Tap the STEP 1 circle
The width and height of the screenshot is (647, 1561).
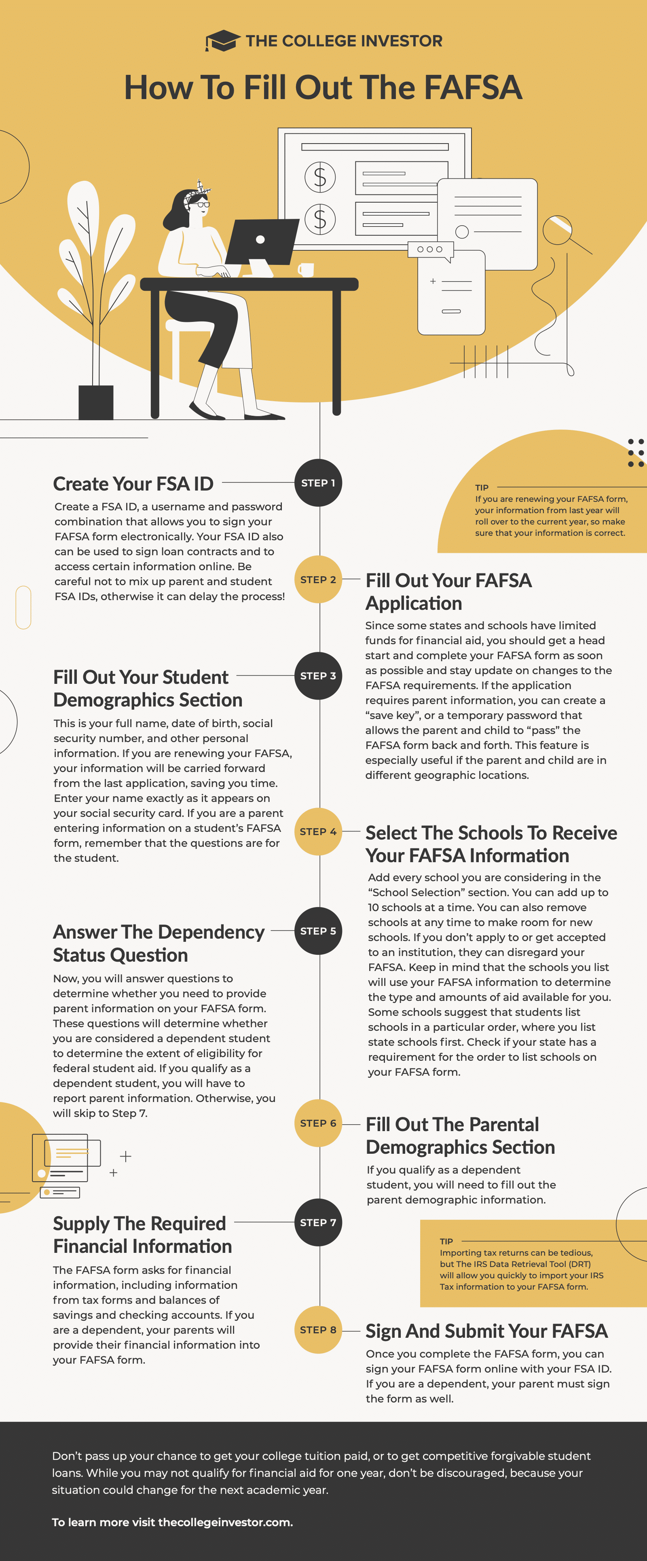(x=318, y=483)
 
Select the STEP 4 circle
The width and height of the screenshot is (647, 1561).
(x=318, y=831)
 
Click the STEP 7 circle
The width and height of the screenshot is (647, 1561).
(x=318, y=1222)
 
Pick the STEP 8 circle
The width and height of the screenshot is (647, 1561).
(x=318, y=1330)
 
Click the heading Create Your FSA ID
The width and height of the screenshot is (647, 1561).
(x=133, y=484)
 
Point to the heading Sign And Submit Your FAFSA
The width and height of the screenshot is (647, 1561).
(x=486, y=1331)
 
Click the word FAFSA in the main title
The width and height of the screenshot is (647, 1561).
(x=473, y=87)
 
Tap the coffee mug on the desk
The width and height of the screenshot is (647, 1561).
(x=307, y=269)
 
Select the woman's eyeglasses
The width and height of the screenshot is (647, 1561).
(x=203, y=205)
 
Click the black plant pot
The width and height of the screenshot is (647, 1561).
(x=96, y=402)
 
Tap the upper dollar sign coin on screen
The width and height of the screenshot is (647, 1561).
(x=320, y=177)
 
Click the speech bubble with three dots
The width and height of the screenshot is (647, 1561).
(x=430, y=250)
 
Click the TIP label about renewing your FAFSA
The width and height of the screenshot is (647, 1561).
(x=482, y=487)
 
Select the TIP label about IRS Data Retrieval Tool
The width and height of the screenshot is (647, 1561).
(x=446, y=1241)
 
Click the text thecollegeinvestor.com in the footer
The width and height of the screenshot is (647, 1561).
(x=225, y=1522)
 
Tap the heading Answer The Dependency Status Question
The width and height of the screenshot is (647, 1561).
(x=159, y=943)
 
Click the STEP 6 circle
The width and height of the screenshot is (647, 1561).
(x=318, y=1123)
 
